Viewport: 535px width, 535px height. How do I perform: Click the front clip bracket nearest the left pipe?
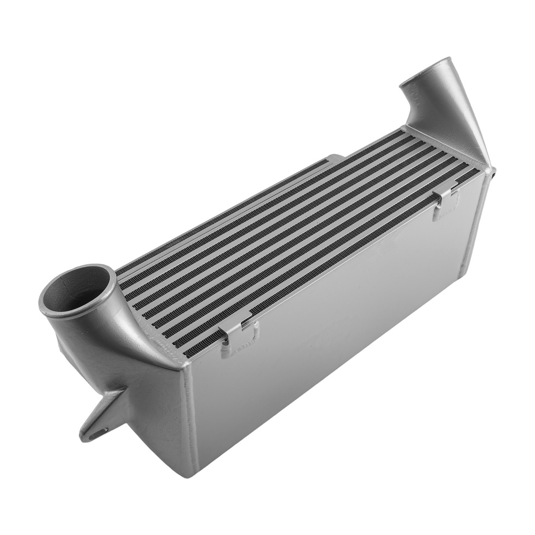(x=241, y=334)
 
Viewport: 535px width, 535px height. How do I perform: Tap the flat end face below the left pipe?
(x=155, y=407)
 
